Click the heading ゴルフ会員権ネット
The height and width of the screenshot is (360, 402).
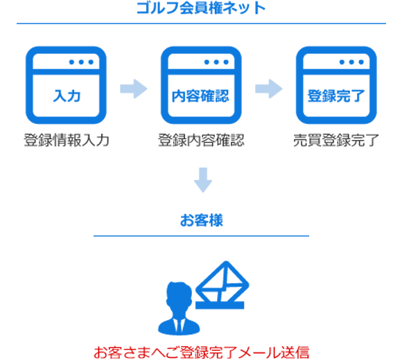pos(201,8)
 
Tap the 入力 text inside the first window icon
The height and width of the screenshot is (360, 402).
pos(67,96)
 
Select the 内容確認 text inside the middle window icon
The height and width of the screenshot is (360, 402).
pos(200,96)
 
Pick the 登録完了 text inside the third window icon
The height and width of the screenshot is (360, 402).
pos(336,96)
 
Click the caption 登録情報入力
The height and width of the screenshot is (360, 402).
pos(67,141)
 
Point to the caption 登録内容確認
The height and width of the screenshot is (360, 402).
pos(201,141)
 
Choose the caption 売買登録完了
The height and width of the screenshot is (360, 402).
pos(336,141)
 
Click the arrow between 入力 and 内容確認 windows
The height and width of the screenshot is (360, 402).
pos(134,89)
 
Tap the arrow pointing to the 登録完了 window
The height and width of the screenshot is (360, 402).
pos(269,89)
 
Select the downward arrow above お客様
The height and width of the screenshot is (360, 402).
pos(203,180)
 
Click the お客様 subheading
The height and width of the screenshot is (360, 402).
pos(202,220)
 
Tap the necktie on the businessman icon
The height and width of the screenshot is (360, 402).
pos(180,325)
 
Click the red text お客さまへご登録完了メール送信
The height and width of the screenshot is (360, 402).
pos(201,352)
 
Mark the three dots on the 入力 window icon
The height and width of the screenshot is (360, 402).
pos(81,62)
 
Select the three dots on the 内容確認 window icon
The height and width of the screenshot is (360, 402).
pos(216,62)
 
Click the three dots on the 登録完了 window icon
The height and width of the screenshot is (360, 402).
pos(351,62)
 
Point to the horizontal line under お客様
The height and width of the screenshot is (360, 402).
pos(201,236)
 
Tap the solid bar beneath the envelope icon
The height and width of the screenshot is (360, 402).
pos(220,305)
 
